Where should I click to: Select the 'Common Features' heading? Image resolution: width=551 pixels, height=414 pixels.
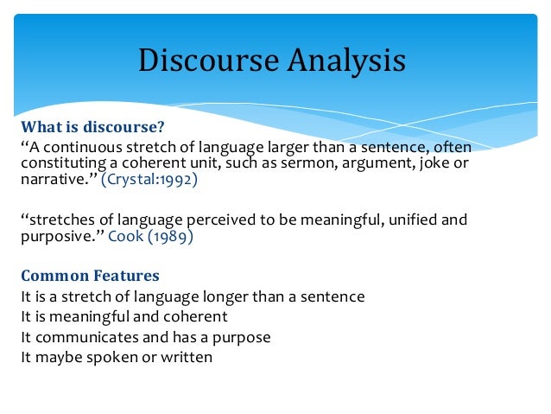[91, 277]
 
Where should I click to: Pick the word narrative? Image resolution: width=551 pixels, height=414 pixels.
[50, 182]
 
